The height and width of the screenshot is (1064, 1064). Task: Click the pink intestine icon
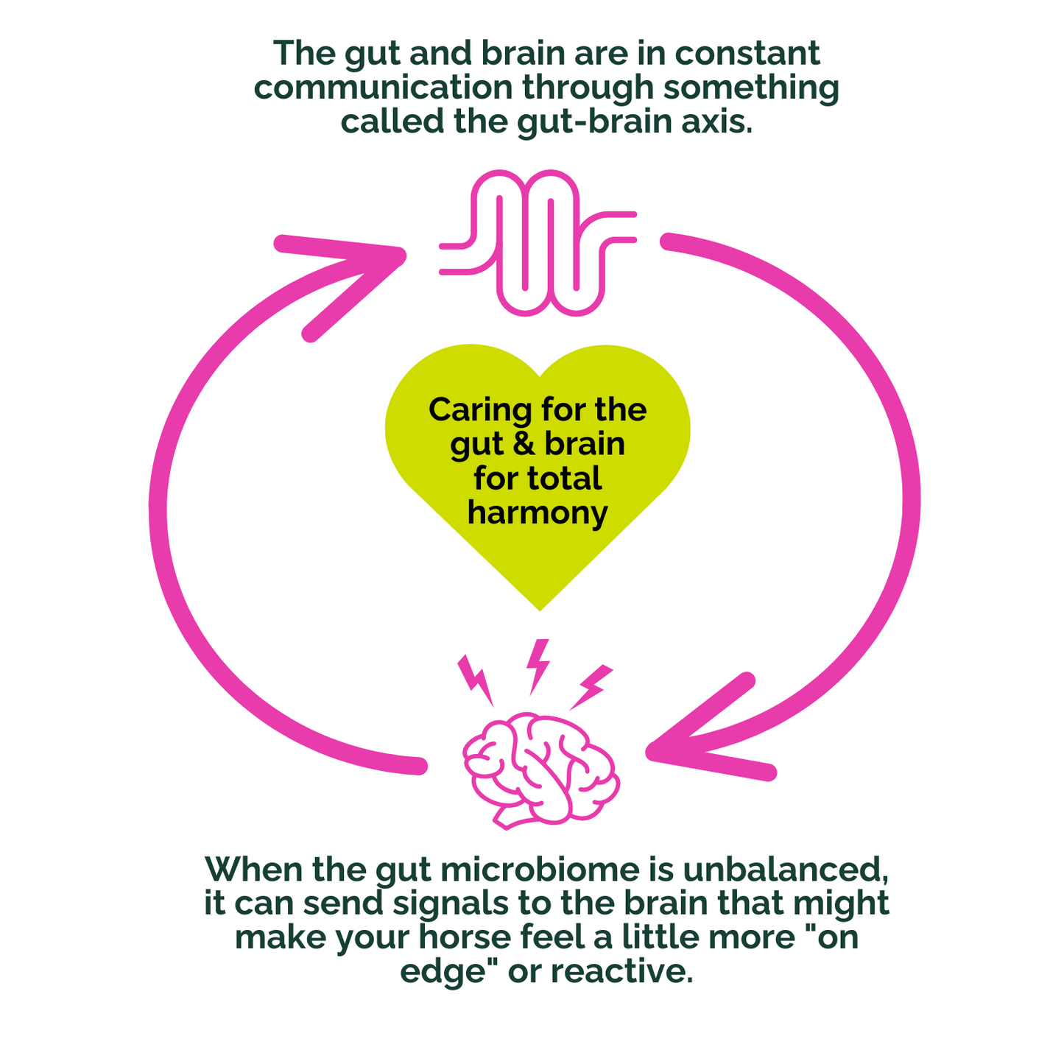coord(537,243)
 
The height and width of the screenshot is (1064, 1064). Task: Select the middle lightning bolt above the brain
coord(538,664)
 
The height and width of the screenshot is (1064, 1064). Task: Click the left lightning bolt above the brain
coord(476,680)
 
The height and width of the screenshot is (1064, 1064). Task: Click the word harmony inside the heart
coord(537,512)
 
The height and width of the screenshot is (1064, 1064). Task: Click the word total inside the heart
coord(565,478)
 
